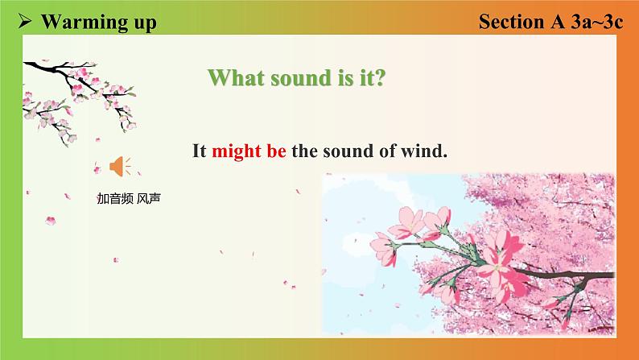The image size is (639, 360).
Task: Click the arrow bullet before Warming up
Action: click(24, 21)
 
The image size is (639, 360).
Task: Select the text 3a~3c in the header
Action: click(596, 21)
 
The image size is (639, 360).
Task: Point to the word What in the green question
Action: click(236, 77)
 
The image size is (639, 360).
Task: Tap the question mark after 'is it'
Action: click(379, 77)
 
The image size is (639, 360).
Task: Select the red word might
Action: click(237, 151)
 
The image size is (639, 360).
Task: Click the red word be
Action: click(276, 151)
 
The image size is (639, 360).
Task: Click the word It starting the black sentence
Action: click(200, 151)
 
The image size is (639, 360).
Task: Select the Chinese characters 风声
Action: click(149, 199)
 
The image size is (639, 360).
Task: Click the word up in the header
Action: click(145, 23)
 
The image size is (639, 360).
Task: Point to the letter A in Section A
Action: click(558, 21)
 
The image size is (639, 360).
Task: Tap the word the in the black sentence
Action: click(304, 151)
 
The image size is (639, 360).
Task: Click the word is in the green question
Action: click(345, 77)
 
